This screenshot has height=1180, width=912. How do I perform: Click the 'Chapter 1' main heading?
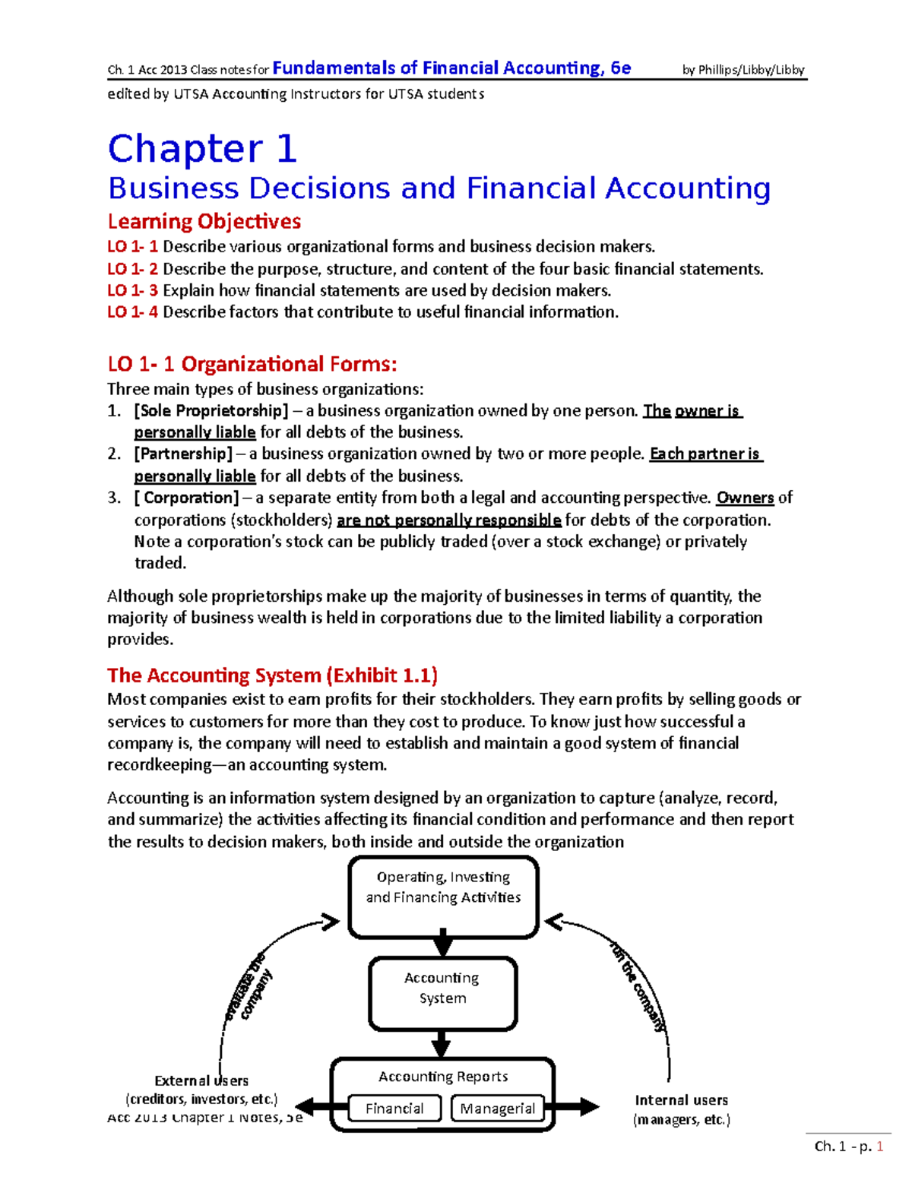point(201,149)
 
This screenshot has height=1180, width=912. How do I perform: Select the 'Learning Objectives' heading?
point(204,221)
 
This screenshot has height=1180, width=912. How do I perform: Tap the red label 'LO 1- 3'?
point(132,290)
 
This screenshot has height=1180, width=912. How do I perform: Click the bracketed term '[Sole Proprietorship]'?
point(211,411)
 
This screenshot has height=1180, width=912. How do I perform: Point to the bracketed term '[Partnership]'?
point(183,454)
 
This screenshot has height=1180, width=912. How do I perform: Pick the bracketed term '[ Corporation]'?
point(187,498)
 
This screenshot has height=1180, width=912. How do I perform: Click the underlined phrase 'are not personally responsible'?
point(448,520)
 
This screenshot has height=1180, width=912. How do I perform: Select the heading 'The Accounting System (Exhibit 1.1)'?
point(272,675)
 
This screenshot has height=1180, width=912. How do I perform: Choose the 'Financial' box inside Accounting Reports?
point(394,1109)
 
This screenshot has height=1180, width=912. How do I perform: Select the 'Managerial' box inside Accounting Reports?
point(497,1109)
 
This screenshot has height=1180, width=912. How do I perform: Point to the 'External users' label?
point(201,1080)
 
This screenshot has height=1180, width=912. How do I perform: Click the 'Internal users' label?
point(681,1100)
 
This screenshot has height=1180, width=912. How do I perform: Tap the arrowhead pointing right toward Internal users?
point(588,1107)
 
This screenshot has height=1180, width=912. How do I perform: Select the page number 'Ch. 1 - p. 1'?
point(848,1147)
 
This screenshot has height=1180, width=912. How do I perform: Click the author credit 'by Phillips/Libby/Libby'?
point(743,70)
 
